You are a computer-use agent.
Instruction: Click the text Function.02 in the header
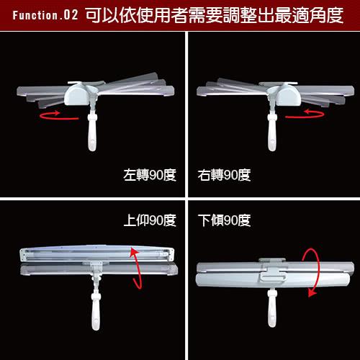(45, 15)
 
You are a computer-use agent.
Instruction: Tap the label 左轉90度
(150, 175)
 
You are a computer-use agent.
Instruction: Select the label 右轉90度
(224, 175)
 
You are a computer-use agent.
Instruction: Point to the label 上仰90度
(150, 220)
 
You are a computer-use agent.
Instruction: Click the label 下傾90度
(224, 220)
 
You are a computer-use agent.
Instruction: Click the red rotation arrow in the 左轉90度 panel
(59, 118)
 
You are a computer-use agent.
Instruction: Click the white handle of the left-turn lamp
(92, 132)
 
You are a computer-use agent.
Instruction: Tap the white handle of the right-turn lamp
(272, 132)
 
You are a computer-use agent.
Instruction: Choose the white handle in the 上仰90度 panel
(96, 311)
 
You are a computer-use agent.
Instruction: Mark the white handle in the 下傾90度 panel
(272, 308)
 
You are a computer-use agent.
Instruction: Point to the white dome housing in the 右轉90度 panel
(287, 94)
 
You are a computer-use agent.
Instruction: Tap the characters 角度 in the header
(326, 15)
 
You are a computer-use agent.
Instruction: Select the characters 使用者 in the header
(163, 15)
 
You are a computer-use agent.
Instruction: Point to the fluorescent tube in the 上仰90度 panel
(96, 253)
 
